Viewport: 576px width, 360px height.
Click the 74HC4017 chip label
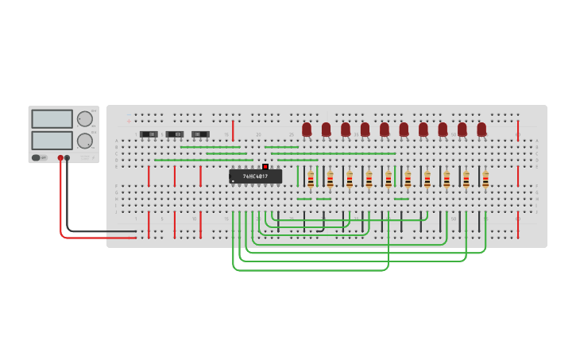(255, 176)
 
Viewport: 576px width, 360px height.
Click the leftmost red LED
(307, 129)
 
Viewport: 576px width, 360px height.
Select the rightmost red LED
(481, 129)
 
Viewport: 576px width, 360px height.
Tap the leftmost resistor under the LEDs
(311, 179)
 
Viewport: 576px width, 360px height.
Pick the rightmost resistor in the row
(485, 179)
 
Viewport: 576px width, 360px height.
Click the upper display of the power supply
(52, 118)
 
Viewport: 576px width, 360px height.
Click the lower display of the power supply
(52, 140)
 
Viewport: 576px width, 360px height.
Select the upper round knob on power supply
(84, 119)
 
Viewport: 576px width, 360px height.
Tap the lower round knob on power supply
(84, 141)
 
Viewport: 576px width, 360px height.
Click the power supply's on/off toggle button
(37, 157)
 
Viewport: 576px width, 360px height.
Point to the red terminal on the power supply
(60, 158)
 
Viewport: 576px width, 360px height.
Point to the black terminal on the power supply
(68, 158)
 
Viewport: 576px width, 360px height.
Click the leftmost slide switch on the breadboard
(149, 134)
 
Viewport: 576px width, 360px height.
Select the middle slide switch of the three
(175, 134)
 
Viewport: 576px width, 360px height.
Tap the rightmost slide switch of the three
(200, 134)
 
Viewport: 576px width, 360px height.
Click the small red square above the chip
(265, 167)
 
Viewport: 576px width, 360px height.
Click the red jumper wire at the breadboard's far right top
(518, 130)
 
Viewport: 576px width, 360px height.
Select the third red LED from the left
(346, 129)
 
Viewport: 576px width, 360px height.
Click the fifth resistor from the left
(389, 179)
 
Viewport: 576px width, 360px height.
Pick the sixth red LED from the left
(404, 129)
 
